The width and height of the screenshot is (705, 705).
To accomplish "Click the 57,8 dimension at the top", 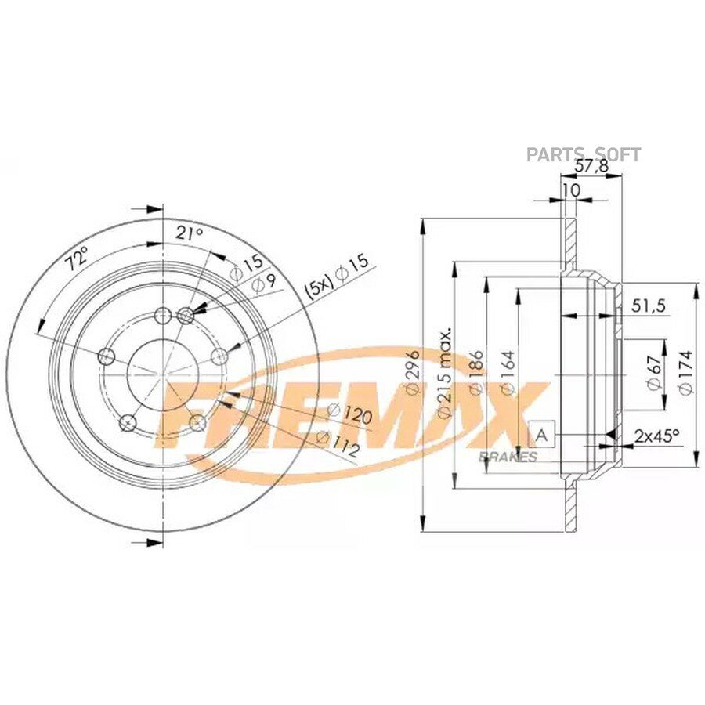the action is (592, 166).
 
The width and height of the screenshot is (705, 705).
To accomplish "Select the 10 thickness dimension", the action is (572, 190).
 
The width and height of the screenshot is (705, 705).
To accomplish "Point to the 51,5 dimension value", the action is (649, 305).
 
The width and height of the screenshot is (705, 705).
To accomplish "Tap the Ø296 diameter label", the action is (412, 372).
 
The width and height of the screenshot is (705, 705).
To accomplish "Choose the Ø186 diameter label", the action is (475, 372).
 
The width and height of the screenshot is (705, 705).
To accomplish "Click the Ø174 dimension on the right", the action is (685, 372).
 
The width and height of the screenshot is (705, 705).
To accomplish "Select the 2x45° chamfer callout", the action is (656, 436).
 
